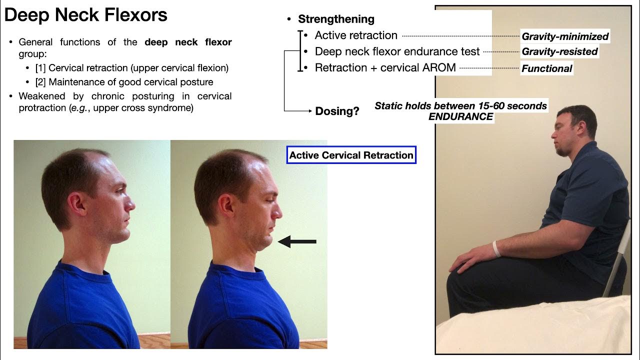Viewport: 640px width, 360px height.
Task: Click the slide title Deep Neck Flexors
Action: (x=85, y=15)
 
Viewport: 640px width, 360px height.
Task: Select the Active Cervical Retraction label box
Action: (x=351, y=155)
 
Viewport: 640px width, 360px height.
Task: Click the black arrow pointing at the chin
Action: (x=297, y=242)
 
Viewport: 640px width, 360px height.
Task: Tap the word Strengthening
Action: (x=336, y=19)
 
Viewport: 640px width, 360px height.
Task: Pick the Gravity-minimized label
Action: (x=565, y=36)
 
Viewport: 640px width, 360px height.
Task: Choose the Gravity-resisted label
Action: (x=559, y=51)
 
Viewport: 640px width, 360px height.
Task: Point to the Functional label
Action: (x=546, y=68)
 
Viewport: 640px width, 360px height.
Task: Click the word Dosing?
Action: (x=337, y=111)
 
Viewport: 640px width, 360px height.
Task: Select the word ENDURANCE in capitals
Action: (x=460, y=116)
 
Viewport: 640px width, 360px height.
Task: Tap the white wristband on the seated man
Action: (x=496, y=248)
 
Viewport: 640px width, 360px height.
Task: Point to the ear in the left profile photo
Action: (x=78, y=203)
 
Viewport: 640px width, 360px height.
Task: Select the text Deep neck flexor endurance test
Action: (x=397, y=51)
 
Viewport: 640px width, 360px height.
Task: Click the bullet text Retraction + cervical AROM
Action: (x=385, y=67)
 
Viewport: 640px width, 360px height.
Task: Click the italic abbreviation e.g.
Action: (x=80, y=108)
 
